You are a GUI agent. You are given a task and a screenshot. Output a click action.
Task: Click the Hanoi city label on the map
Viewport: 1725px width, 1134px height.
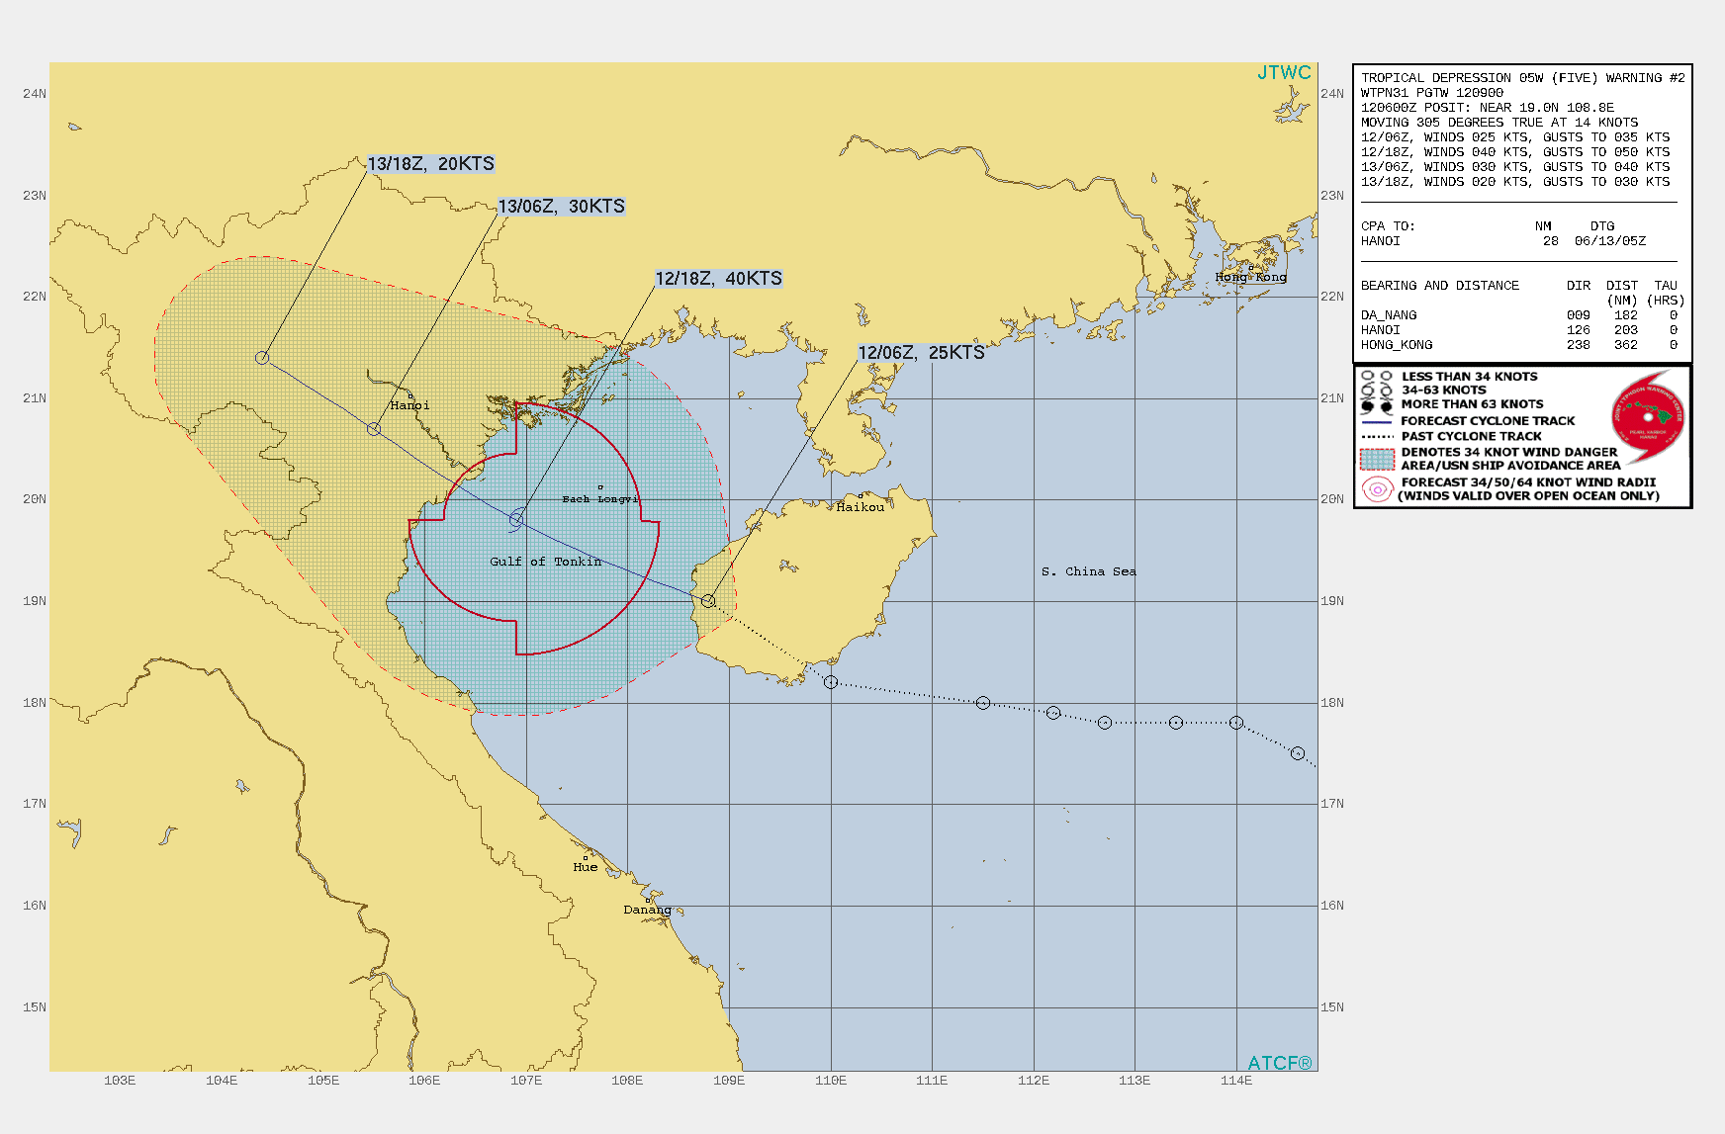coord(409,405)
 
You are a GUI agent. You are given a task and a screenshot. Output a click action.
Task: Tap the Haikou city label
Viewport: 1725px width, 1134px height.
coord(860,507)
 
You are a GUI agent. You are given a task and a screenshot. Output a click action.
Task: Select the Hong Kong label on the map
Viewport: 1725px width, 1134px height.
coord(1251,277)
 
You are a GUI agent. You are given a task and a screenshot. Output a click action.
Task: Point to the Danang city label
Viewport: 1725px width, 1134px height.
coord(647,910)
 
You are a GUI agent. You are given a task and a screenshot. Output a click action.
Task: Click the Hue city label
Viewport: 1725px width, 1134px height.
coord(585,867)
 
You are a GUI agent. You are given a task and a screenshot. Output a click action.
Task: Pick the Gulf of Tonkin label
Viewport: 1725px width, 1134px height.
coord(545,562)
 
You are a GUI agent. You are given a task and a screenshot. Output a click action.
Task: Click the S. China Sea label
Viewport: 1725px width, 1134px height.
coord(1088,571)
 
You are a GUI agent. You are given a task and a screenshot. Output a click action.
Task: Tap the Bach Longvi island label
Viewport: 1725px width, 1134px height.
coord(599,499)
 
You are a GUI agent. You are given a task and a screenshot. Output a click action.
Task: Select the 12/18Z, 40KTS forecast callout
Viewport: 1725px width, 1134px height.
coord(718,279)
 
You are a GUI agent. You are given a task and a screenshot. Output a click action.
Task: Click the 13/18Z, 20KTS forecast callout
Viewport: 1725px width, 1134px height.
coord(430,164)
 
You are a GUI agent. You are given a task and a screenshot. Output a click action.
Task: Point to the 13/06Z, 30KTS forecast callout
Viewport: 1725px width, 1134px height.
coord(561,207)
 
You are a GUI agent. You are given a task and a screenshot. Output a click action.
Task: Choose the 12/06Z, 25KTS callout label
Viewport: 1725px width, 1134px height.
coord(921,353)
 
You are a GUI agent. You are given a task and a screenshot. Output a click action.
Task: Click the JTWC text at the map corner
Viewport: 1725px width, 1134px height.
coord(1284,73)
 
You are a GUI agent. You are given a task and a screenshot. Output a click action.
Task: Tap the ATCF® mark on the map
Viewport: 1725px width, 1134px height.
coord(1280,1063)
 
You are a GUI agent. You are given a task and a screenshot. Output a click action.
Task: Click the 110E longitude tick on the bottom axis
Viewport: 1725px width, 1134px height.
coord(831,1081)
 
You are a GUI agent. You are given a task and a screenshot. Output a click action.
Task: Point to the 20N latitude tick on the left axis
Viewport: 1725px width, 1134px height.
coord(35,499)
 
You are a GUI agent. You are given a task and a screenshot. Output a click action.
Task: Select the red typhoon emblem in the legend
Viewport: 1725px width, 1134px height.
coord(1648,416)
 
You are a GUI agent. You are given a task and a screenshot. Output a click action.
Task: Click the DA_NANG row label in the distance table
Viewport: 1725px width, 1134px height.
coord(1389,315)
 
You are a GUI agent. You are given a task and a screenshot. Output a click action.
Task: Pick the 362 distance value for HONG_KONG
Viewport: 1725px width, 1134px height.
coord(1625,345)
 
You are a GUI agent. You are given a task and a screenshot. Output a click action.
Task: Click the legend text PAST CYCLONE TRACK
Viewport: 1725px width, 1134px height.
coord(1471,436)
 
